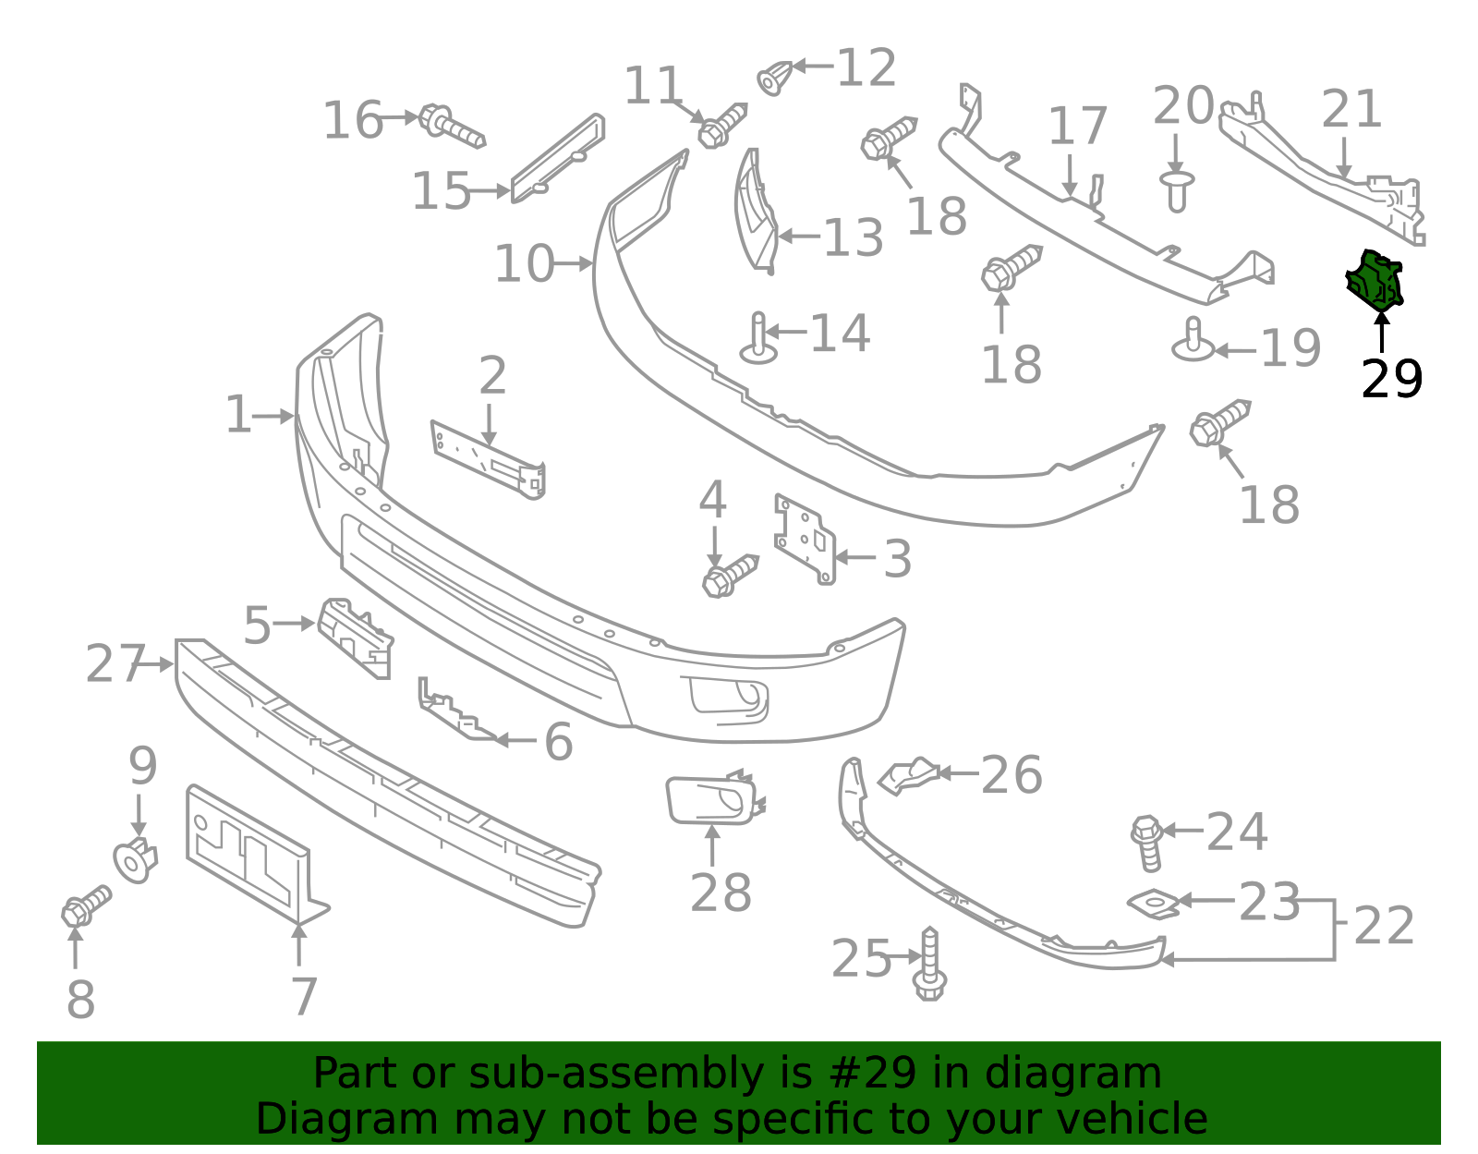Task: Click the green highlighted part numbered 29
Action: point(1375,281)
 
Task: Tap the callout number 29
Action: point(1391,379)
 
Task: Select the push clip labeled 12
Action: point(775,78)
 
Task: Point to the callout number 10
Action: point(525,264)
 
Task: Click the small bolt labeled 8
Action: point(87,905)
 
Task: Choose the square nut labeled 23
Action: point(1155,903)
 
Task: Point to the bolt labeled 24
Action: point(1147,843)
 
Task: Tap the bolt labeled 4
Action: point(730,576)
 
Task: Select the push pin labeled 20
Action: point(1177,191)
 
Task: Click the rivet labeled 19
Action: point(1193,341)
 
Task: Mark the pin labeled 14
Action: point(758,339)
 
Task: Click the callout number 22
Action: point(1384,926)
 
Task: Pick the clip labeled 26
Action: point(908,776)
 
